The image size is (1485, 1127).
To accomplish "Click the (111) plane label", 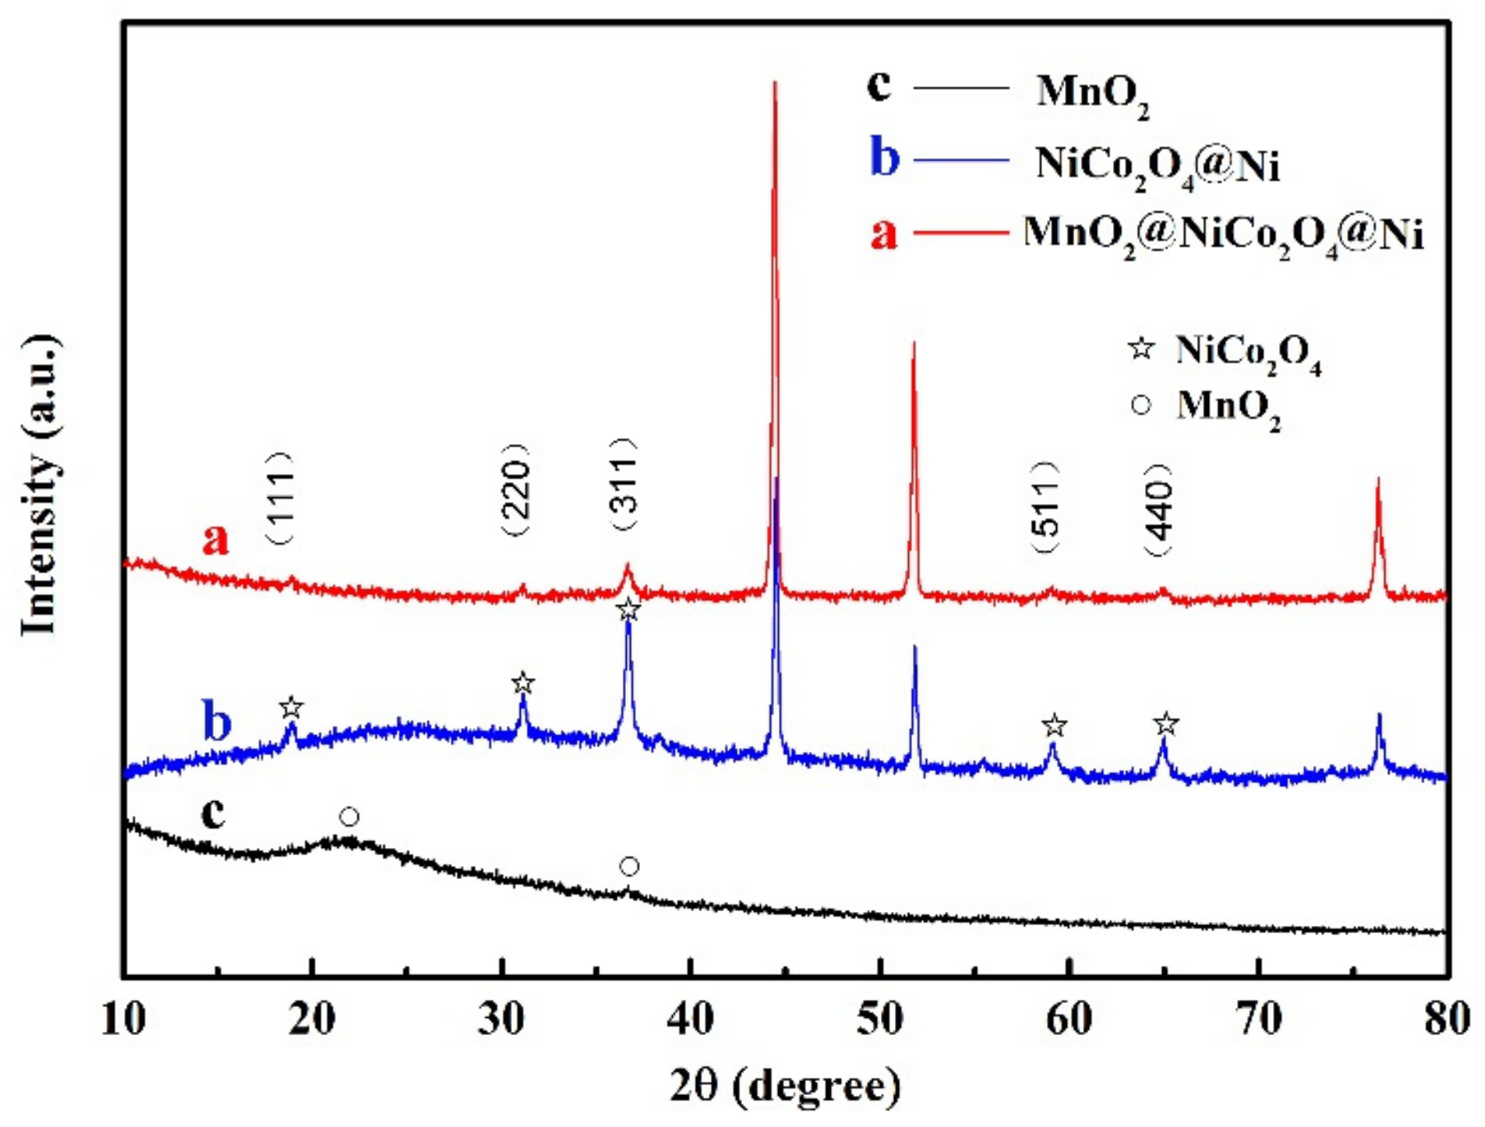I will pos(281,497).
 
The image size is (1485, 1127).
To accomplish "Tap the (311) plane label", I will pos(625,485).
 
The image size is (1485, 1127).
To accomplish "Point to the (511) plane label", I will pos(1047,507).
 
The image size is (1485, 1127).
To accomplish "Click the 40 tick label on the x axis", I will pos(691,1019).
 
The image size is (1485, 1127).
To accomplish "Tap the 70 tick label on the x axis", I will pos(1259,1019).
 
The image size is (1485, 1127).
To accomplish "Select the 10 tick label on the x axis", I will pos(123,1019).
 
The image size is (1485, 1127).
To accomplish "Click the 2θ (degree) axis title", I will pos(785,1086).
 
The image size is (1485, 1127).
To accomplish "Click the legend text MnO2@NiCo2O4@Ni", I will pos(1222,233).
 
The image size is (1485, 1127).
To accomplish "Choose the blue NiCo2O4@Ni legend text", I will pos(1157,164).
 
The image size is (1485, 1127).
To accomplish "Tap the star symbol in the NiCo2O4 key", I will pos(1141,348).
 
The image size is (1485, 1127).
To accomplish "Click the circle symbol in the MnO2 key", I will pos(1141,405).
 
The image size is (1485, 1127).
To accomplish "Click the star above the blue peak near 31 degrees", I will pos(523,684).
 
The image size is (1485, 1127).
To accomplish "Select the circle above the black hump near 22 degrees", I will pos(349,817).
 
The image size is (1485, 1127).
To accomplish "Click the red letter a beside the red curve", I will pos(216,539).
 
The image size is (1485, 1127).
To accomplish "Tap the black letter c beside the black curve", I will pos(213,813).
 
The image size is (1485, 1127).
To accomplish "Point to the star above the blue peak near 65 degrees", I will pos(1165,724).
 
